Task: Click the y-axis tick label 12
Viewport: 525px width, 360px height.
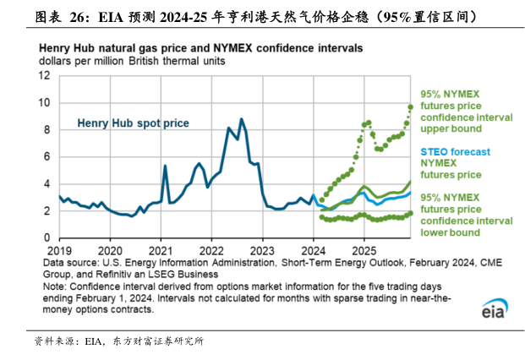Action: point(45,76)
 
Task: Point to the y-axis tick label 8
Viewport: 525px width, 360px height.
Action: point(47,130)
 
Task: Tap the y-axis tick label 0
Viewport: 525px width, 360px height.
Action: point(47,238)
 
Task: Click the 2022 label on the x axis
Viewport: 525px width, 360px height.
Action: point(211,252)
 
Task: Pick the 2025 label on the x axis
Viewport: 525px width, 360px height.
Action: point(364,252)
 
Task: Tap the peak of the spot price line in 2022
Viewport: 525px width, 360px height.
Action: point(242,119)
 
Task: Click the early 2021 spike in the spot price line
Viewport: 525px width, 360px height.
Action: point(165,166)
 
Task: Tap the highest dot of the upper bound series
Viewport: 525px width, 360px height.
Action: point(411,106)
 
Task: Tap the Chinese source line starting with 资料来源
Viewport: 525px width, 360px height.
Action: point(118,341)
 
